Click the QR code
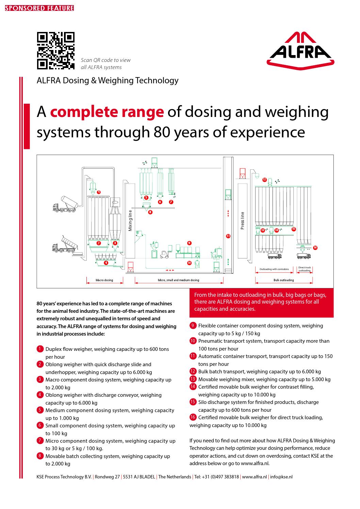(55, 51)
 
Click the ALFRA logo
(300, 49)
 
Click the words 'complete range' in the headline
(107, 112)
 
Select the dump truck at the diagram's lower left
(64, 245)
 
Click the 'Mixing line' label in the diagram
(130, 221)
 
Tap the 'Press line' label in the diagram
(243, 221)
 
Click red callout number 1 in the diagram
(99, 192)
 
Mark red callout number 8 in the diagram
(150, 212)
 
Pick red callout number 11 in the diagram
(228, 236)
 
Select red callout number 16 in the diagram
(315, 248)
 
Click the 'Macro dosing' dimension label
(104, 280)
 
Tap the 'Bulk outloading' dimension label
(283, 280)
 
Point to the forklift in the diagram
(164, 254)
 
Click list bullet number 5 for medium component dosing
(40, 410)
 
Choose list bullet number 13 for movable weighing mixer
(193, 379)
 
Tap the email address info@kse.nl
(281, 477)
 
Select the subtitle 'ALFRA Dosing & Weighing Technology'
(108, 80)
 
